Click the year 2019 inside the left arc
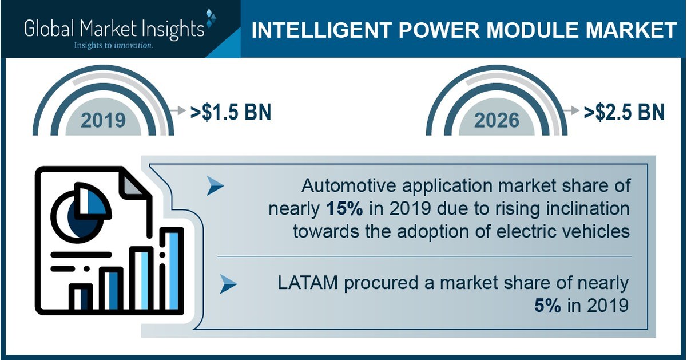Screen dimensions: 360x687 103,120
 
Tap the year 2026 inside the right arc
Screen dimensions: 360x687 497,120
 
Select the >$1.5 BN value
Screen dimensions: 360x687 231,112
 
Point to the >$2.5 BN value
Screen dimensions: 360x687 624,112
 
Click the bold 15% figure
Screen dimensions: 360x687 343,209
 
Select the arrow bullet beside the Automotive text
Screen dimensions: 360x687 215,186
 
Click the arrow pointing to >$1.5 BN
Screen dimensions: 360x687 179,112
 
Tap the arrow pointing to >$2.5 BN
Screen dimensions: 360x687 572,112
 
